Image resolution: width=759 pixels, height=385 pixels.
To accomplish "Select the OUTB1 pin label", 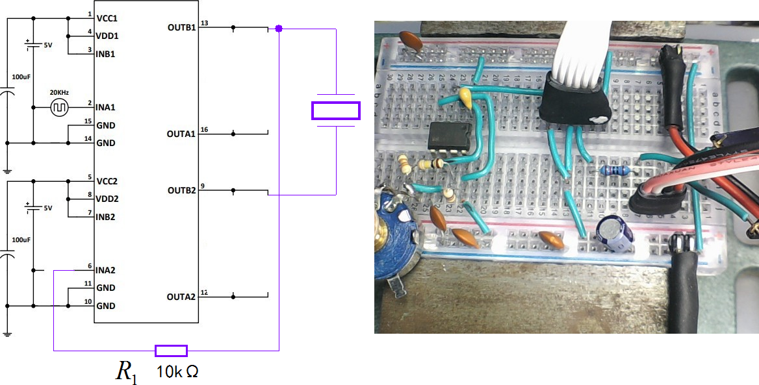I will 181,28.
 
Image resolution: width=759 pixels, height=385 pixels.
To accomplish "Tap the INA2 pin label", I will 107,269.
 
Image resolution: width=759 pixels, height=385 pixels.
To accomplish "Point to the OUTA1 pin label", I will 181,134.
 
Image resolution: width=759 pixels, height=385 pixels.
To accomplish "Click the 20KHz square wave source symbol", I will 59,107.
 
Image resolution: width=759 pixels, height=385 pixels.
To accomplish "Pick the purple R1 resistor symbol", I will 171,351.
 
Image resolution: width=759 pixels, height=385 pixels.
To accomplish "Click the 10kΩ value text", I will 177,373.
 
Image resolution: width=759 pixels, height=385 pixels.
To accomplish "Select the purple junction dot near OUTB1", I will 279,29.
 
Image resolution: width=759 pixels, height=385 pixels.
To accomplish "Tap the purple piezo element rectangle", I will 335,111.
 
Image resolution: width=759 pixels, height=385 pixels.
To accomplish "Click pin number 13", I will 204,23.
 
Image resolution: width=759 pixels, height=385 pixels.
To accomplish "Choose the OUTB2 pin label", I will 181,191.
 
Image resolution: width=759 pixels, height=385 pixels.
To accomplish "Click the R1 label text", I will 126,371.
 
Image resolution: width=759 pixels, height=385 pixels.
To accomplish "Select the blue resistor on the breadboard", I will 613,170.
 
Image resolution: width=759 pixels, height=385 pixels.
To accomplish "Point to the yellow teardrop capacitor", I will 465,96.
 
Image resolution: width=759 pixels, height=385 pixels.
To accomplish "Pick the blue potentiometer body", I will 398,227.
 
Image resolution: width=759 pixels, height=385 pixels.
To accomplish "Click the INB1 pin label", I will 105,54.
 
